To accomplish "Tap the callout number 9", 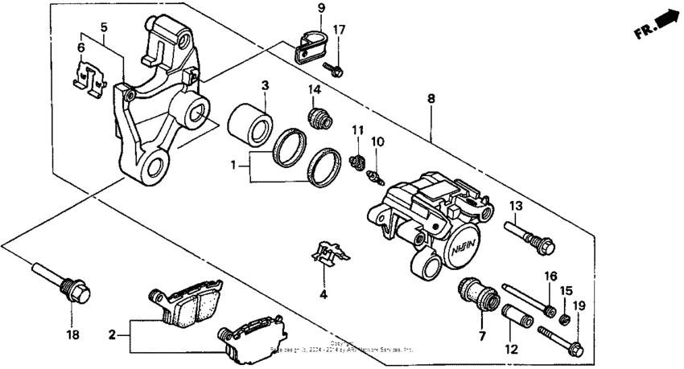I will pyautogui.click(x=320, y=9).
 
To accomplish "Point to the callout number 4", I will pyautogui.click(x=323, y=294).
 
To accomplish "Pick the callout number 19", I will pyautogui.click(x=579, y=305).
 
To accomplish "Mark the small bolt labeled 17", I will pyautogui.click(x=332, y=68).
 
